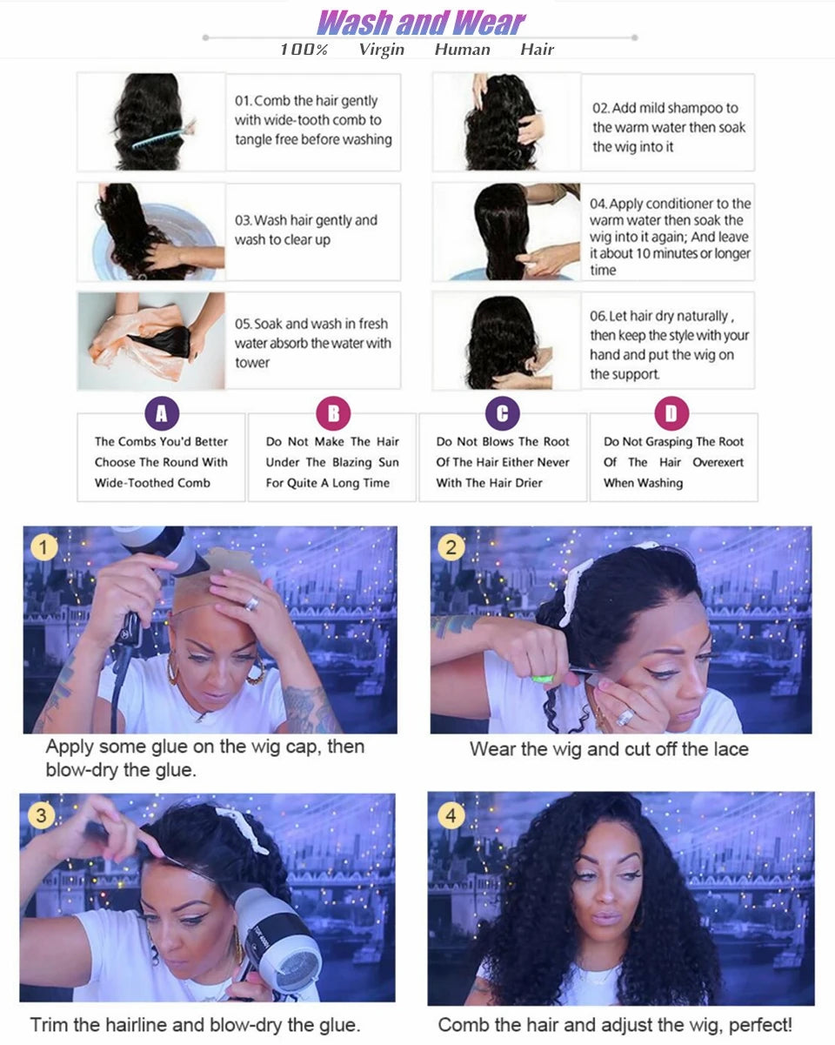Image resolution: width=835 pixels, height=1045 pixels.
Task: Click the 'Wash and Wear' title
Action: point(421,22)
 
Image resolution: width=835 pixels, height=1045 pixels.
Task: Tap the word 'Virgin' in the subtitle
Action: point(381,50)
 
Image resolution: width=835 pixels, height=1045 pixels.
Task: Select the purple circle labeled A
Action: point(161,414)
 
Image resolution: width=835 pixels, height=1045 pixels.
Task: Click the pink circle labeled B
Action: point(332,414)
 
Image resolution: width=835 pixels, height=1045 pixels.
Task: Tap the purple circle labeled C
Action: point(502,414)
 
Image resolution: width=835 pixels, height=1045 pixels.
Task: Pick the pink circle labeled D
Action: point(671,414)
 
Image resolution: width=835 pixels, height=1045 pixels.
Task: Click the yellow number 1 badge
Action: point(43,548)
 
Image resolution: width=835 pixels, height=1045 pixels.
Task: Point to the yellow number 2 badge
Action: point(451,548)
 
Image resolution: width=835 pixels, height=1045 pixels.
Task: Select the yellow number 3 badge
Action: point(40,816)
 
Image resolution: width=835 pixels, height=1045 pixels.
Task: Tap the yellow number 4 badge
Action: point(450,816)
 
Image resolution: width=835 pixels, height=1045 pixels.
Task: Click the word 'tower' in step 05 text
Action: point(252,363)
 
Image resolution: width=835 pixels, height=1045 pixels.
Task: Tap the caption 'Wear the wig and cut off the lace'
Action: point(608,749)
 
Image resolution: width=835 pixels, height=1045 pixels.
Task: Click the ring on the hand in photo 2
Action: point(625,718)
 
